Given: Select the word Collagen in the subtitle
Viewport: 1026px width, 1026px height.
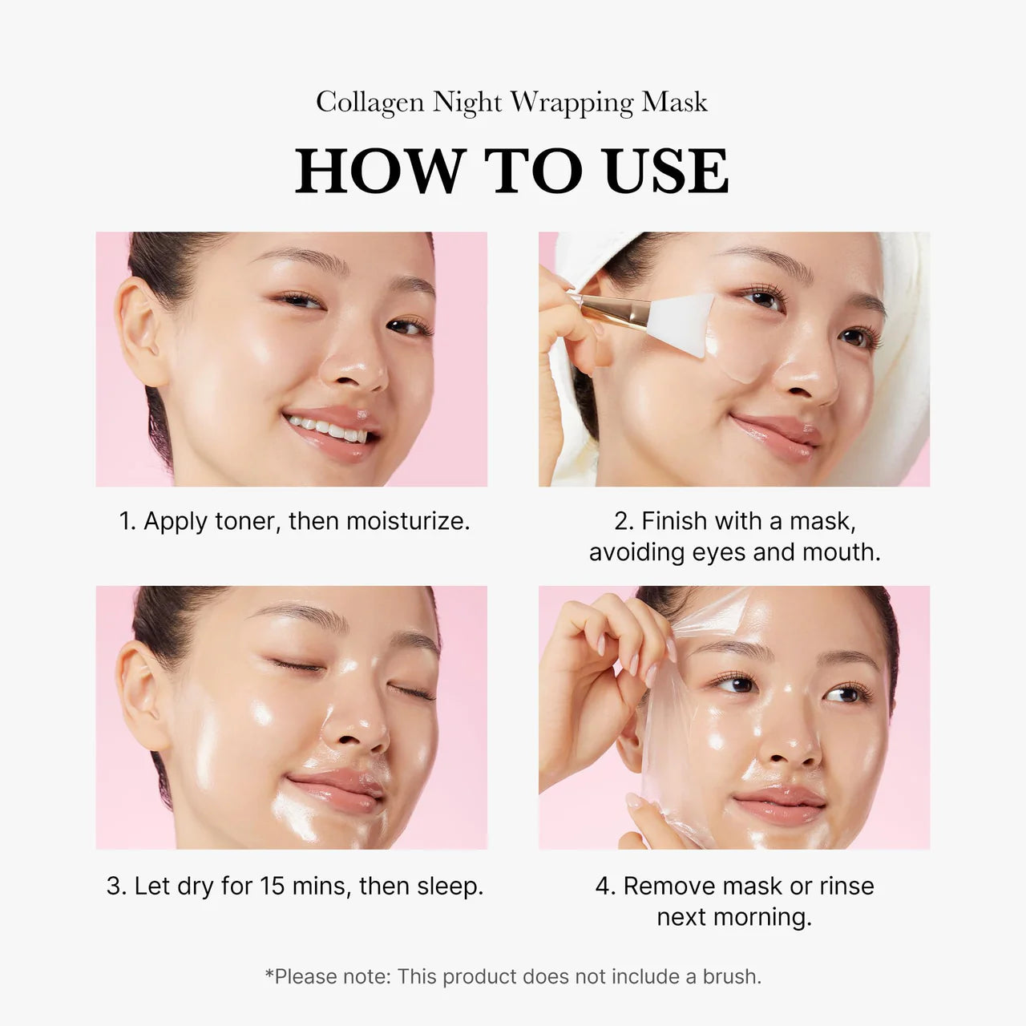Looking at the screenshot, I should tap(370, 102).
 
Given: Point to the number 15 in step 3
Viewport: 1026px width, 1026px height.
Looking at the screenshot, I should tap(273, 887).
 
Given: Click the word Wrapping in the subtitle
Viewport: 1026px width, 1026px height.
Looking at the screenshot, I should tap(572, 103).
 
